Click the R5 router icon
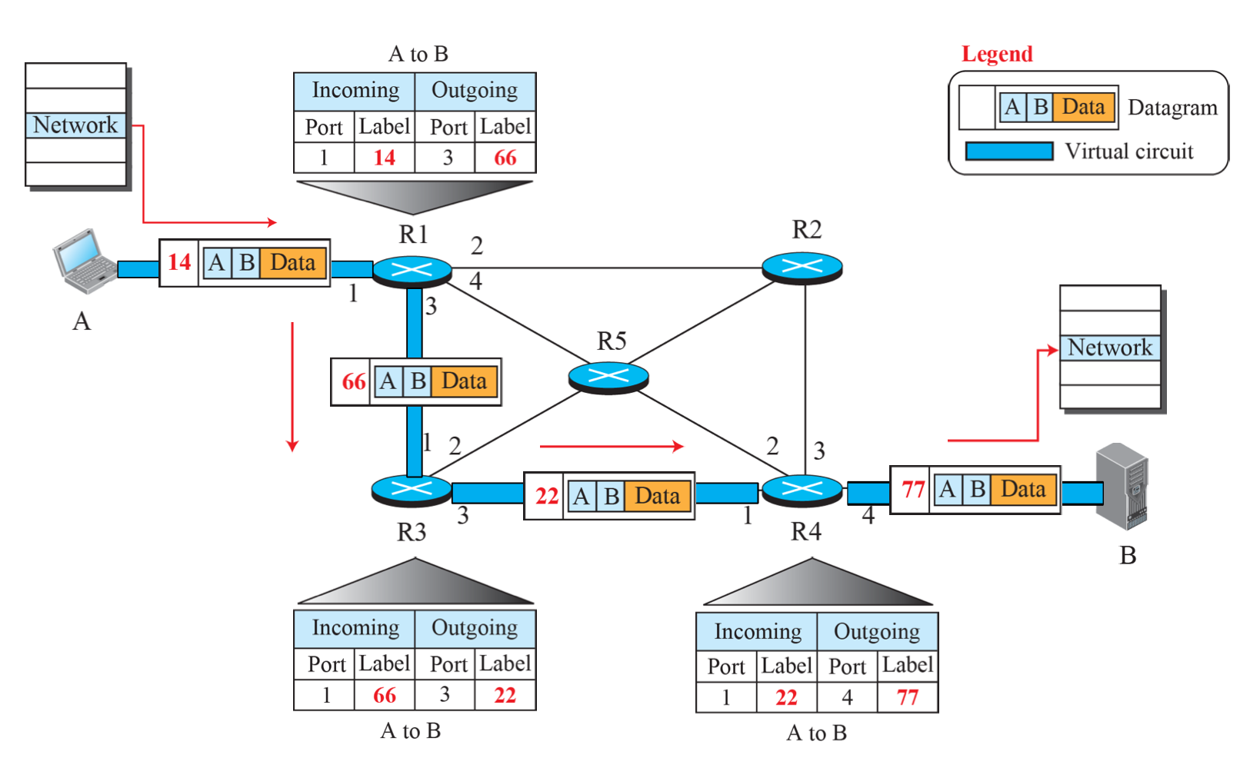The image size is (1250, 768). tap(608, 376)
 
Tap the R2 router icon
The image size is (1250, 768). tap(802, 267)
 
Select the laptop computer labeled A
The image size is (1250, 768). tap(84, 261)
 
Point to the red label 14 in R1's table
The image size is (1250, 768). tap(384, 158)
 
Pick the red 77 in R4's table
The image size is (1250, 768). tap(907, 697)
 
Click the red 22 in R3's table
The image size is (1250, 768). tap(505, 695)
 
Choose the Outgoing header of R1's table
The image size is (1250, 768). tap(475, 91)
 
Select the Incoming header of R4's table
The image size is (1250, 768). tap(757, 632)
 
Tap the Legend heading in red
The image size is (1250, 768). tap(997, 54)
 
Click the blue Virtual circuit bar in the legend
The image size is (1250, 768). tap(1008, 151)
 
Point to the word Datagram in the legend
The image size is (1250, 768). tap(1172, 108)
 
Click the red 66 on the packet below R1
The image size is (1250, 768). tap(353, 381)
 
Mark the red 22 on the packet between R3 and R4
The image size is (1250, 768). tap(546, 496)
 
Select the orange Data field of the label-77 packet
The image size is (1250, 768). tap(1023, 489)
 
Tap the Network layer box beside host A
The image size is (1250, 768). tap(75, 125)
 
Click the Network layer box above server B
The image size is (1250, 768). tap(1109, 347)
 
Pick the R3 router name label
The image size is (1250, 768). tap(412, 532)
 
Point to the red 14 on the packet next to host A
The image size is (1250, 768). tap(179, 262)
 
